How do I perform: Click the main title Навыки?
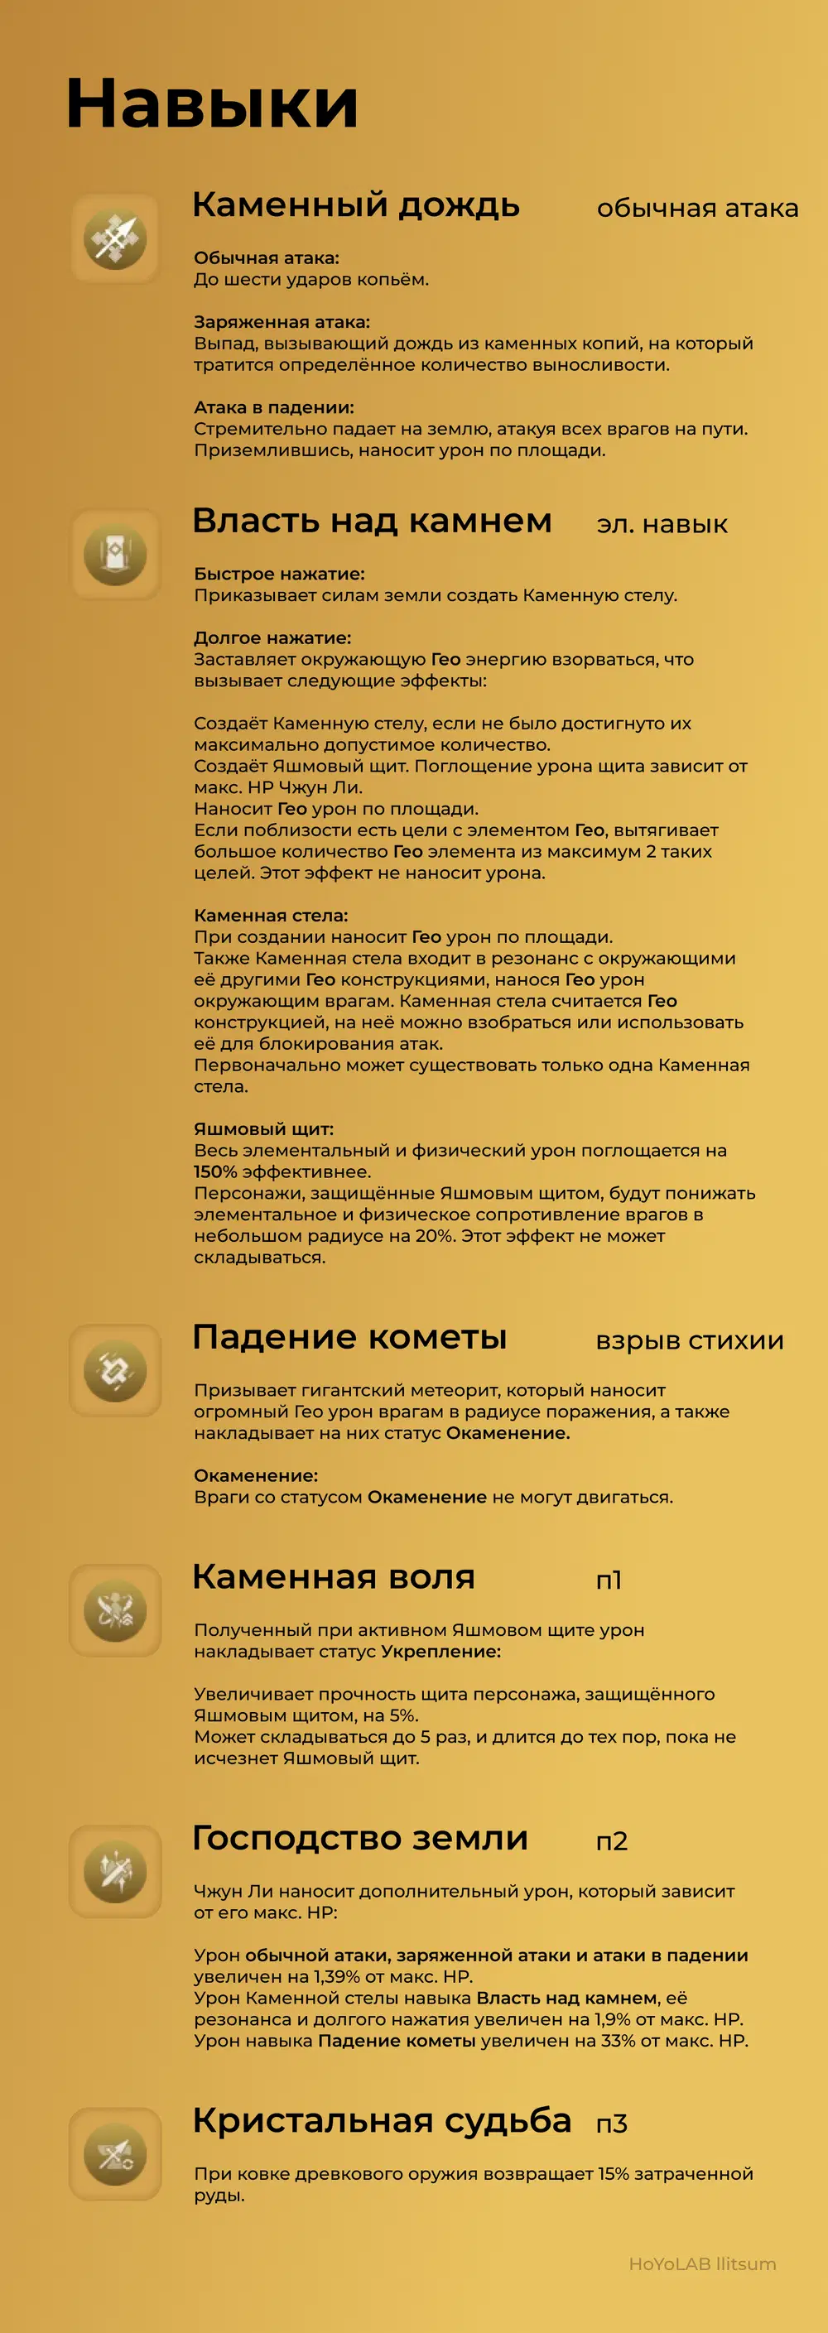coord(212,103)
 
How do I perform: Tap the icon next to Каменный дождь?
coord(115,238)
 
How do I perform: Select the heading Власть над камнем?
coord(372,521)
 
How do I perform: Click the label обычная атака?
coord(696,209)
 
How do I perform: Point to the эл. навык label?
coord(662,524)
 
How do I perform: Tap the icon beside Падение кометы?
coord(115,1370)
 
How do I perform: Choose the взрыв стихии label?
coord(690,1340)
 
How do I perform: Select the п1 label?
coord(609,1580)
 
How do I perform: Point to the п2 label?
coord(612,1841)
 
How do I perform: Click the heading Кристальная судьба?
coord(382,2120)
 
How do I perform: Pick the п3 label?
coord(612,2124)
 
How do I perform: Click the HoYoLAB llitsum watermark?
coord(702,2263)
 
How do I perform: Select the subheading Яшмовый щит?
coord(263,1128)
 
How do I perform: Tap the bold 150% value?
coord(215,1171)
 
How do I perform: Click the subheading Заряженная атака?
coord(282,321)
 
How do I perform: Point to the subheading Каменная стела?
coord(271,915)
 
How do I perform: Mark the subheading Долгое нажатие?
coord(272,637)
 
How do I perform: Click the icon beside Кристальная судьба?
coord(115,2153)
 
